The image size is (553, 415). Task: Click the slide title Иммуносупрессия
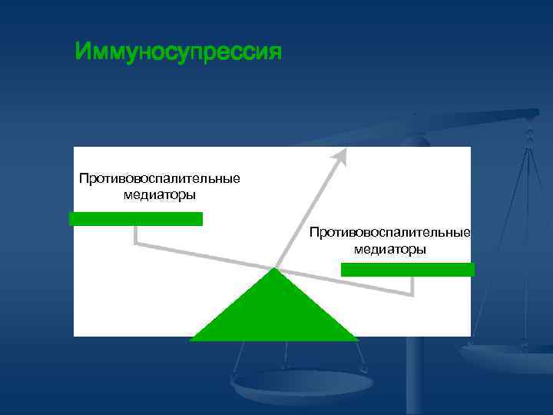point(179,52)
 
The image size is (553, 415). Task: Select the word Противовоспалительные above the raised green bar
point(159,179)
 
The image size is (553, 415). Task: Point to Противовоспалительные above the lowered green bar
point(389,232)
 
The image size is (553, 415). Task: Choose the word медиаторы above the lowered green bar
point(389,249)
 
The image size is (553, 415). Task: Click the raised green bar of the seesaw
point(136,219)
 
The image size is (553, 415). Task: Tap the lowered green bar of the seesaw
point(407,269)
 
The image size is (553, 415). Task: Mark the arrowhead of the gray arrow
point(339,156)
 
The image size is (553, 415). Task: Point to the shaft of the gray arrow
point(307,211)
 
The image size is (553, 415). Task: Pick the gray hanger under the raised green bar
point(136,235)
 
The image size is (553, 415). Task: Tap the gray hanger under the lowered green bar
point(412,286)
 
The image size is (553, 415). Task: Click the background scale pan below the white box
point(300,384)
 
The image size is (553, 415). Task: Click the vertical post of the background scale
point(415,377)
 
